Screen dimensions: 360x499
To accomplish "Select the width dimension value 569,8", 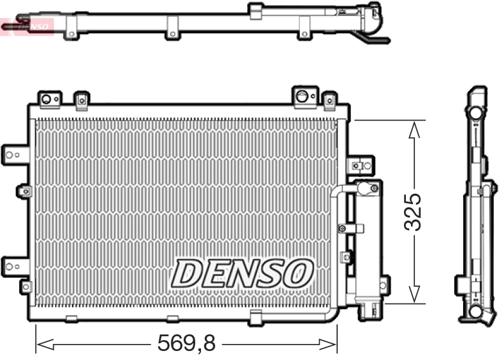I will pos(187,344).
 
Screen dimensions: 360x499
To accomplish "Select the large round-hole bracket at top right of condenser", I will pos(303,96).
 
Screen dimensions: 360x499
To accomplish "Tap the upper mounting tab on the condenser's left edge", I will pos(15,153).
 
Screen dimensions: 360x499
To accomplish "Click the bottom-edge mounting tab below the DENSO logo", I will pos(256,316).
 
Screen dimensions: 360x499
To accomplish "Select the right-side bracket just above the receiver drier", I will pos(360,165).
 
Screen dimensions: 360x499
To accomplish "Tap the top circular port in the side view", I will pos(475,112).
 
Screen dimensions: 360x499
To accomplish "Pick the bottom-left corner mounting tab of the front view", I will pos(25,286).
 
